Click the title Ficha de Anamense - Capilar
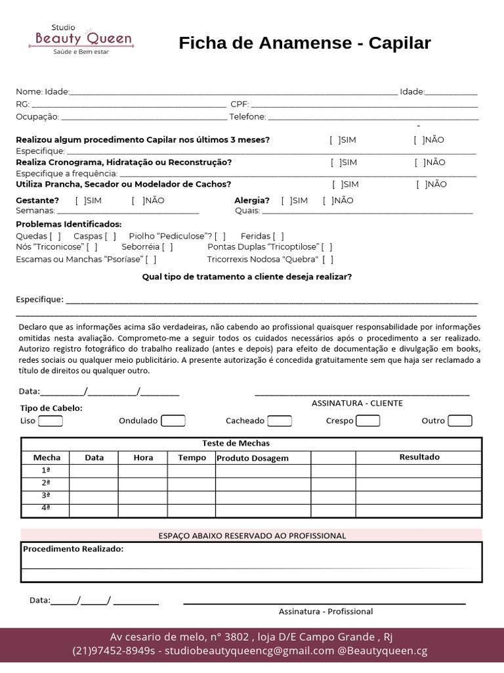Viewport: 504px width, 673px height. click(x=304, y=43)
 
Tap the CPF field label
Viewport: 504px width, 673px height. click(x=238, y=104)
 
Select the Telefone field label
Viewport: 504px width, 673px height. click(x=247, y=117)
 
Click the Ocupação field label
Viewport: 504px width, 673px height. click(x=37, y=117)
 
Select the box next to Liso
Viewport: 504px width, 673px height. click(x=51, y=421)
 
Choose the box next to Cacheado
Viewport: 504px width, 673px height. click(x=280, y=421)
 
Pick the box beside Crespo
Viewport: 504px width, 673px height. click(x=367, y=421)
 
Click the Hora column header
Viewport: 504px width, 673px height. click(x=143, y=457)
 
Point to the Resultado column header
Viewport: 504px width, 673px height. click(x=419, y=457)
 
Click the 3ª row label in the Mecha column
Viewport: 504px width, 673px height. click(x=46, y=495)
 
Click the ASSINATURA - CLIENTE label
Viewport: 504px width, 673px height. click(x=357, y=403)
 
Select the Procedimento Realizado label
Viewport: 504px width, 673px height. click(x=73, y=548)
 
